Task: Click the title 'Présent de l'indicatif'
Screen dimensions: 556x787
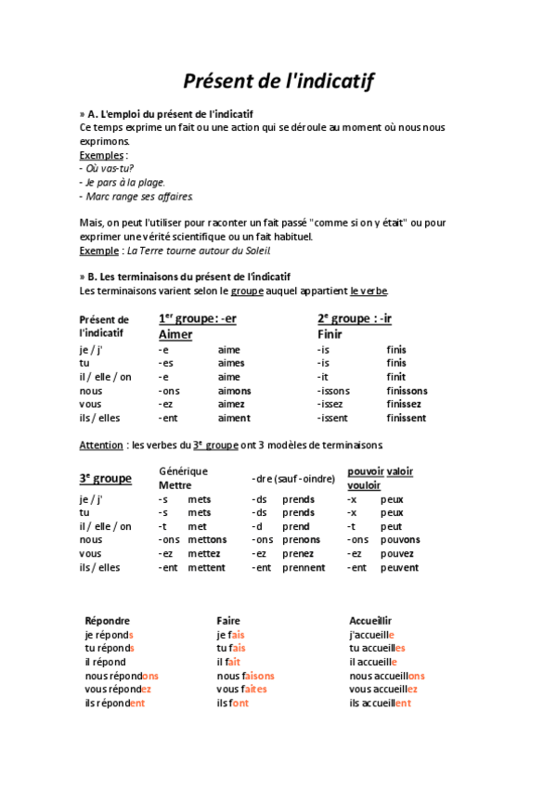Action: (x=278, y=81)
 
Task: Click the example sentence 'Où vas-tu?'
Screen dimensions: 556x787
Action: (x=109, y=168)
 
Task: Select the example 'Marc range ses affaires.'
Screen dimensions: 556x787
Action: (x=138, y=196)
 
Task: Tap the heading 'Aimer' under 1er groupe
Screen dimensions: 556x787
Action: (x=175, y=334)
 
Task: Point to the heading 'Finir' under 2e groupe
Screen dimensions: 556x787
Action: (x=330, y=334)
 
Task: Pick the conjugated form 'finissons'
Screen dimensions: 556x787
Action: (x=407, y=391)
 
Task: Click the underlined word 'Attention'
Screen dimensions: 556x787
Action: (x=101, y=445)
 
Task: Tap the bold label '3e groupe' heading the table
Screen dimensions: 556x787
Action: (x=105, y=479)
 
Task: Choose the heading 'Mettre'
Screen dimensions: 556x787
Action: (x=175, y=485)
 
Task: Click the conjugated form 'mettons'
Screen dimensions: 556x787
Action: (x=206, y=539)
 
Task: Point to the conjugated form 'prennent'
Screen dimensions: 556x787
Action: (x=304, y=567)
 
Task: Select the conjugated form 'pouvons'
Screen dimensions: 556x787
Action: (x=400, y=539)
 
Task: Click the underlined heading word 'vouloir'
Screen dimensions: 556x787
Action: (x=364, y=485)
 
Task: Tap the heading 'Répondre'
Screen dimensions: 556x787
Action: (x=108, y=620)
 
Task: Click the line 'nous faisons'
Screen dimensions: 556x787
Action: (x=245, y=676)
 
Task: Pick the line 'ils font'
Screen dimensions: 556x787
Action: (x=232, y=703)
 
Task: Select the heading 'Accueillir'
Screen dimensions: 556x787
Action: (x=370, y=620)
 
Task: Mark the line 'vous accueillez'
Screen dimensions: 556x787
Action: (x=383, y=689)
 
